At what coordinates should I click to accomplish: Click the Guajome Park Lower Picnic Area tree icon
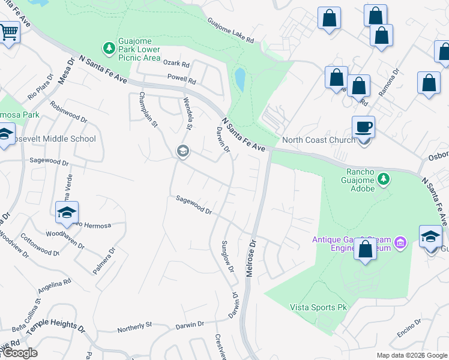coord(109,47)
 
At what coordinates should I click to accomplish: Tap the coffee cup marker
coord(363,127)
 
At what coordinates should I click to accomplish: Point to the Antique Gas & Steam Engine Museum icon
coord(401,243)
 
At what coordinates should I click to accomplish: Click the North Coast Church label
coord(318,140)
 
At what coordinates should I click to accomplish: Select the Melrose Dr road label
coord(251,259)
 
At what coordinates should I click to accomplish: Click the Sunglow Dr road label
coord(228,257)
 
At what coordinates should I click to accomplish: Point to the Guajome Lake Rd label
coord(231,31)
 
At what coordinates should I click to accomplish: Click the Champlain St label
coord(148,110)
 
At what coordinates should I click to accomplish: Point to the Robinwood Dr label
coord(69,112)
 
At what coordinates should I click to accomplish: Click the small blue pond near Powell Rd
coord(240,79)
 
